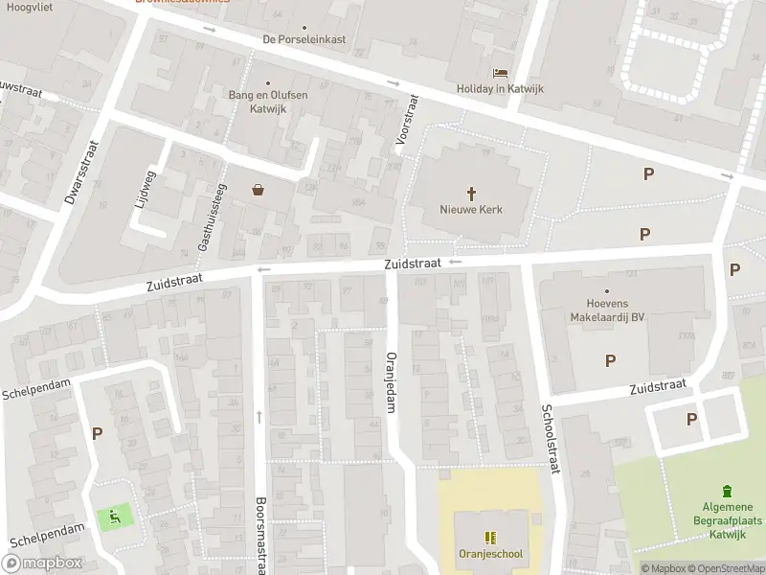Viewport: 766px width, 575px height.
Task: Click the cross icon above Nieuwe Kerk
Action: [x=471, y=193]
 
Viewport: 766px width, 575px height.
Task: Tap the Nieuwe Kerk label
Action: [x=471, y=210]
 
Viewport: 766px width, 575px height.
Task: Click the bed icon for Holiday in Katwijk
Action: [x=499, y=73]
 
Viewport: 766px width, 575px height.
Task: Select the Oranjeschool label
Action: [x=490, y=554]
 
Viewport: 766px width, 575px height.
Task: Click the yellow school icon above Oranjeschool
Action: [x=490, y=538]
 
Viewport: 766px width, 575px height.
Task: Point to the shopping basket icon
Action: [x=259, y=190]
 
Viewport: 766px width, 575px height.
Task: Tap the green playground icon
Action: [x=115, y=518]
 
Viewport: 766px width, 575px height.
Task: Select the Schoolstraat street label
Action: [x=552, y=431]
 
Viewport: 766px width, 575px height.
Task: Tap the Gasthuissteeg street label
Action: [x=213, y=217]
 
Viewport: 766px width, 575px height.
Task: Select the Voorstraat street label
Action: [x=407, y=123]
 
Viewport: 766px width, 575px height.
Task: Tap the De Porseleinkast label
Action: [x=304, y=40]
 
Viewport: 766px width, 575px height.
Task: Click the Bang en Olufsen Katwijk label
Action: [x=267, y=102]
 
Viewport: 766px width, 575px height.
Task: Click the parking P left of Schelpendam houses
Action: [x=97, y=433]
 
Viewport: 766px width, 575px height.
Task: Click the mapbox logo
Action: [x=43, y=563]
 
